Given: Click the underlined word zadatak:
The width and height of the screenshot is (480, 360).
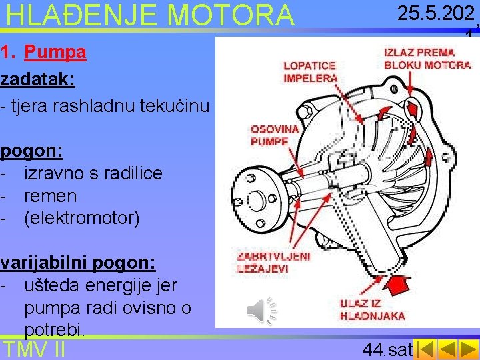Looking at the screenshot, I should (x=37, y=79).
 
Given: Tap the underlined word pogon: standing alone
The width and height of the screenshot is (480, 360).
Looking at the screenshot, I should (x=31, y=151).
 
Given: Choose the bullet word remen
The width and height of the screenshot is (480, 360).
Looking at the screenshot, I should (x=51, y=196).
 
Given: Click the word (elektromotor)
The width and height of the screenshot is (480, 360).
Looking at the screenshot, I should (x=82, y=218).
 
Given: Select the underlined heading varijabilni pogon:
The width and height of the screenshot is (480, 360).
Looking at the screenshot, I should (x=78, y=263).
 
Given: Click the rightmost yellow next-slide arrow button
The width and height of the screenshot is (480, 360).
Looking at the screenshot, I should (x=468, y=349).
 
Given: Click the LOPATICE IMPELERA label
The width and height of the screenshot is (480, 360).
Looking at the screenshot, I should (x=310, y=72).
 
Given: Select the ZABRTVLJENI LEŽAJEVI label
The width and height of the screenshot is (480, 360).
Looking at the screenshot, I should (x=274, y=262).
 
